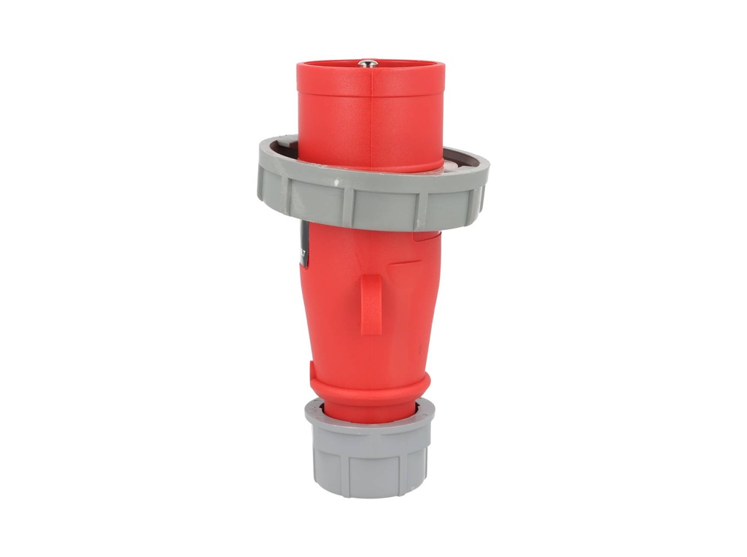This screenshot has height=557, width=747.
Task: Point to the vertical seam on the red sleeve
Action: (x=371, y=117)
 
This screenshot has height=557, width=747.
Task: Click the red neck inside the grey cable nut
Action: (x=369, y=412)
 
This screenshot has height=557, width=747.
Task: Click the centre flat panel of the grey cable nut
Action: (x=371, y=467)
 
